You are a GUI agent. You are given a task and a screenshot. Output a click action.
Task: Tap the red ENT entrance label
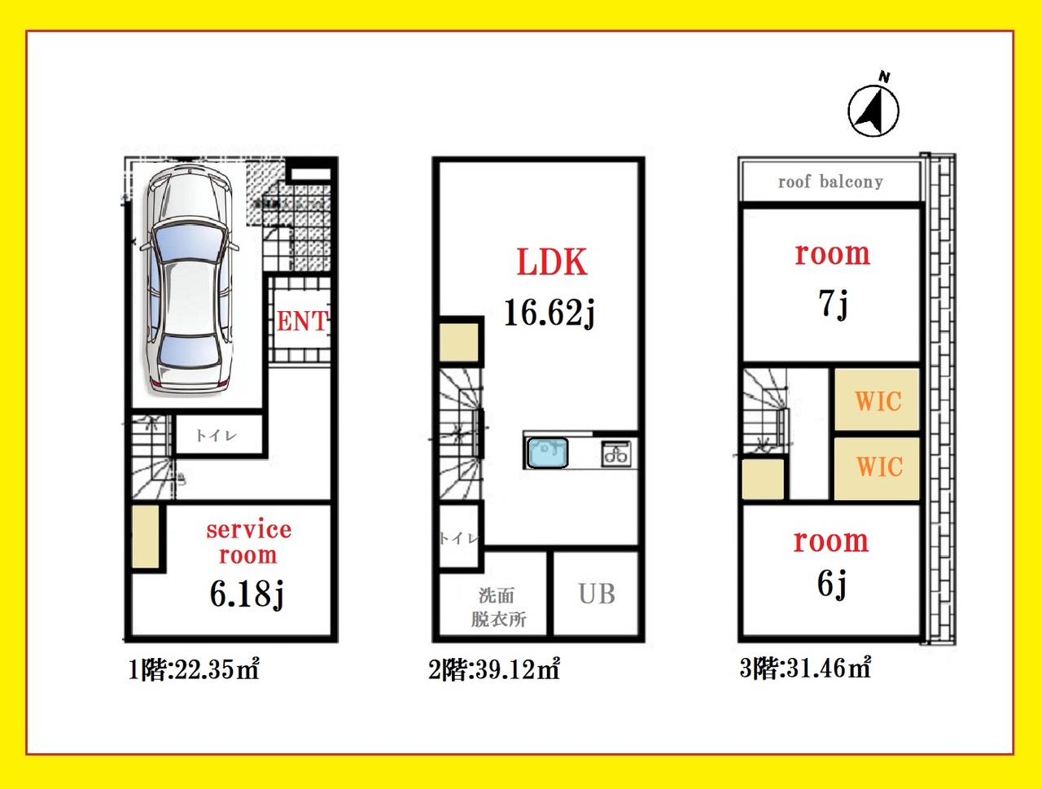(302, 321)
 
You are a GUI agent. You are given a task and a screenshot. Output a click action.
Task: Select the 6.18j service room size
(247, 594)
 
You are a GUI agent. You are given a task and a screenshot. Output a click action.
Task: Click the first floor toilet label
(216, 436)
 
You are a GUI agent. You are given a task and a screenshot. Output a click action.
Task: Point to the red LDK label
(552, 262)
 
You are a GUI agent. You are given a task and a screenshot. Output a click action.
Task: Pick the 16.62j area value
(549, 313)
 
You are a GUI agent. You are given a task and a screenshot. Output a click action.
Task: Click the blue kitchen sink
(547, 453)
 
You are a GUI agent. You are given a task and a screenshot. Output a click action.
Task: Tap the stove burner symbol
(616, 454)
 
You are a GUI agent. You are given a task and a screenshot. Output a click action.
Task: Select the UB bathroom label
(597, 594)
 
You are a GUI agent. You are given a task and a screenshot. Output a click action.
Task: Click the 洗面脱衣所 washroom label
(498, 607)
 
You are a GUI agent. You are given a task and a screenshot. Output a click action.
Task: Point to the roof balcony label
(830, 182)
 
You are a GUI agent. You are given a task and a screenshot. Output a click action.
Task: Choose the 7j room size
(833, 304)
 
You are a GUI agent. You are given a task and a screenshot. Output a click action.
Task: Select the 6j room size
(832, 585)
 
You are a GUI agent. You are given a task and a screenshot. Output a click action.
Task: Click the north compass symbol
(873, 107)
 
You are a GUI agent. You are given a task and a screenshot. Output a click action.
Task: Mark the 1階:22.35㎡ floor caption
(194, 670)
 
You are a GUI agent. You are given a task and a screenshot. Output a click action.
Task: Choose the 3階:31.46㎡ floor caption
(805, 668)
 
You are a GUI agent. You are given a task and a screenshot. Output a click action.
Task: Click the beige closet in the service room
(145, 537)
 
